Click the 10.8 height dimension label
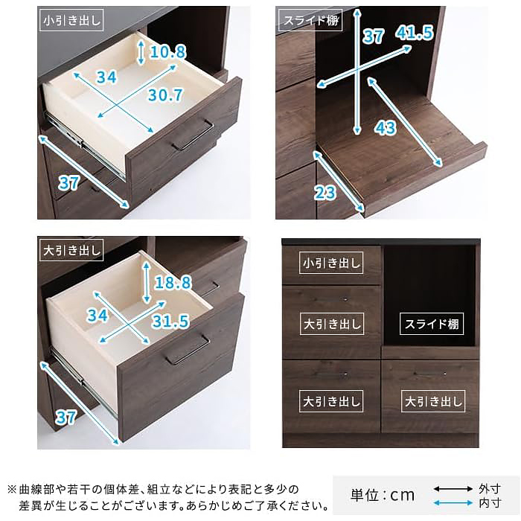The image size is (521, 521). [167, 52]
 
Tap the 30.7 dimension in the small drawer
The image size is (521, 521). [165, 95]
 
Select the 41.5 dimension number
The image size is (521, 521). [415, 33]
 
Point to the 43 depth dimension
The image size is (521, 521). [386, 127]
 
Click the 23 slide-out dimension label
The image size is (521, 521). [325, 192]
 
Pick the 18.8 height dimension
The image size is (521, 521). [173, 282]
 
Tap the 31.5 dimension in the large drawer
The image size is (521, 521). [170, 321]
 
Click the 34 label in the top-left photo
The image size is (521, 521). [106, 77]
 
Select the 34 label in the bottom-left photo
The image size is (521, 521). [98, 315]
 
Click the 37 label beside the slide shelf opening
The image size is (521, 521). [374, 36]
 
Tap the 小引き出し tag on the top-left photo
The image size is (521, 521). [71, 20]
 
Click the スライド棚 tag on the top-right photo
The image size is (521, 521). [310, 21]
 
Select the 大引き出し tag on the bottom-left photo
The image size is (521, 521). [71, 250]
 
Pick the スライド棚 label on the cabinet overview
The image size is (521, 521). [432, 324]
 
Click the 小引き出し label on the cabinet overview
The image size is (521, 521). [331, 263]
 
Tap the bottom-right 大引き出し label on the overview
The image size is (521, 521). [433, 401]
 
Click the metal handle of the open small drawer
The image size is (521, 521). [193, 135]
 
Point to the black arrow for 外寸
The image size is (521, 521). [453, 489]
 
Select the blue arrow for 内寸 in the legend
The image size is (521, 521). [453, 503]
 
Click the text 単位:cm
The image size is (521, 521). [383, 496]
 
